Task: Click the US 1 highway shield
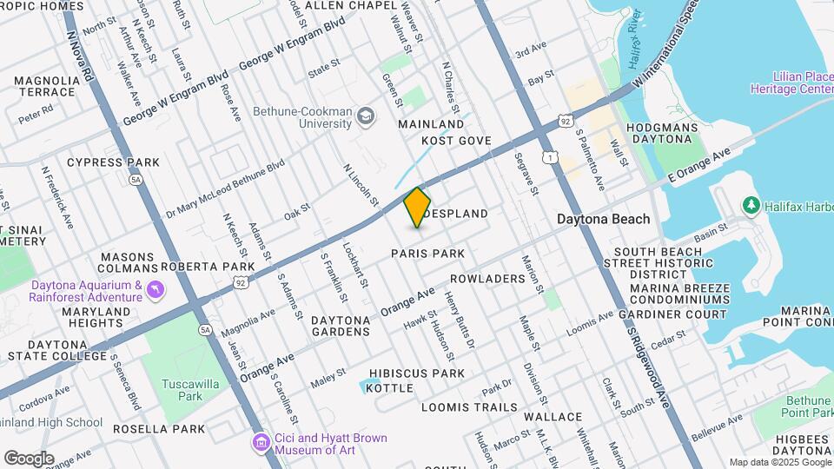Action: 550,157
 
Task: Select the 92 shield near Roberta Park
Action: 241,281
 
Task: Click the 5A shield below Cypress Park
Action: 135,180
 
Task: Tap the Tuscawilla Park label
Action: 172,389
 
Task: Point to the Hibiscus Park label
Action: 417,373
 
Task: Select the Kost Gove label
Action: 456,141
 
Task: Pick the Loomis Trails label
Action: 469,406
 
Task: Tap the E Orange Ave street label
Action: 700,168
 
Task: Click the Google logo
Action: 30,458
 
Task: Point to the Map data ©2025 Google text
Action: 779,462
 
